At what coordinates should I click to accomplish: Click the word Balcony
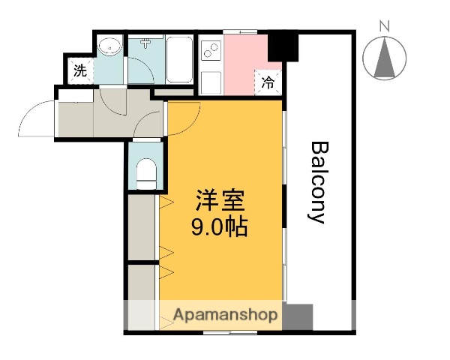tap(317, 182)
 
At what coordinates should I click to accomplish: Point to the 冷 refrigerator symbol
tap(268, 82)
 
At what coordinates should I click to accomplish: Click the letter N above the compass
tap(385, 27)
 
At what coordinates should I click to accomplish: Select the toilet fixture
tap(146, 171)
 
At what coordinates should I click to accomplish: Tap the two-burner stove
tap(211, 51)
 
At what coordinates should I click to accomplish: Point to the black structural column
tap(283, 46)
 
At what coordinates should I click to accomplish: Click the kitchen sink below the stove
tap(211, 81)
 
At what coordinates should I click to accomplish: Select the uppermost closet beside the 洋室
tap(141, 225)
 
